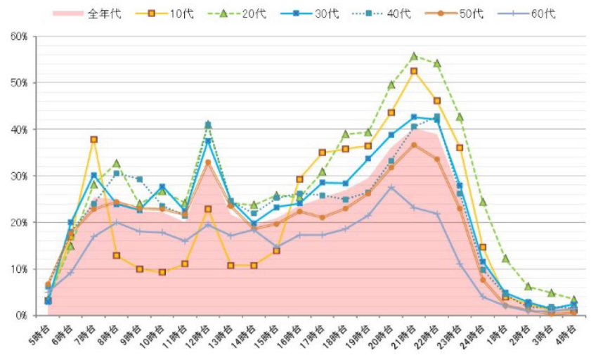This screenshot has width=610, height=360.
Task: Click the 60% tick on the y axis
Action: point(19,37)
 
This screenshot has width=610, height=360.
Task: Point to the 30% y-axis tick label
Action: point(19,176)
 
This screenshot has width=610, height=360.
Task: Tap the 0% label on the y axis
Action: point(22,316)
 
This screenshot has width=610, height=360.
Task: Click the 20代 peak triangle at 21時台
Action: point(414,56)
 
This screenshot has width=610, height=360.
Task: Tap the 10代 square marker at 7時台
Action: point(93,139)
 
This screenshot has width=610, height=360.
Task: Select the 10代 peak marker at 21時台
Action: point(414,71)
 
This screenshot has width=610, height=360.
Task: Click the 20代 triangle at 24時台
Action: point(483,201)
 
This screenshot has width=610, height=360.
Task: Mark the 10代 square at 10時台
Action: point(162,272)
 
